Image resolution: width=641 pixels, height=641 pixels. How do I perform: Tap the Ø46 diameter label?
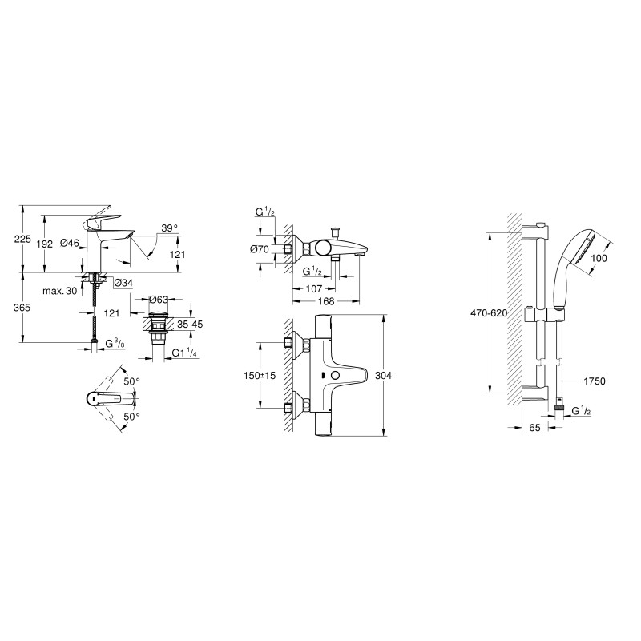pos(70,243)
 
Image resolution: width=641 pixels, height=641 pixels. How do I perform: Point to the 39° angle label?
pos(169,228)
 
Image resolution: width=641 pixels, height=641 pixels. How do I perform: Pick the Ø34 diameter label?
pos(123,283)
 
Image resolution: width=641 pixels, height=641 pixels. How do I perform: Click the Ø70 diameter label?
pos(260,248)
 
